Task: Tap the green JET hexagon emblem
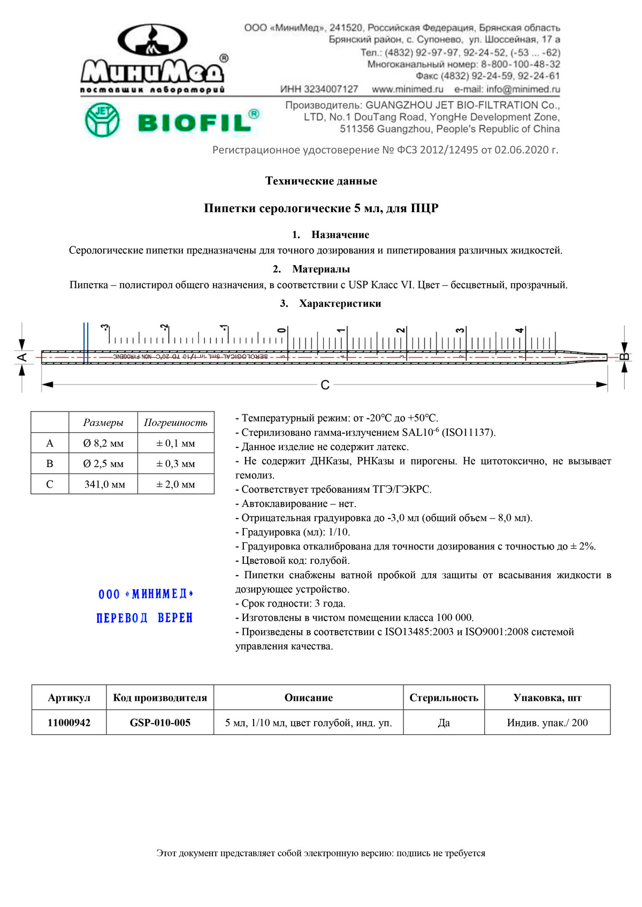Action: click(x=102, y=120)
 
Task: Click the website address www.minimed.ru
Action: click(x=407, y=89)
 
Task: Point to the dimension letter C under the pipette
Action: click(x=325, y=385)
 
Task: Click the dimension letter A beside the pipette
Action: click(x=22, y=356)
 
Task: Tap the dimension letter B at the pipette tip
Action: click(x=624, y=356)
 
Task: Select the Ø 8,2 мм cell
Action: click(x=103, y=443)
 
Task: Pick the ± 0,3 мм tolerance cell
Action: click(x=175, y=464)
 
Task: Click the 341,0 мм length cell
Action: click(x=104, y=484)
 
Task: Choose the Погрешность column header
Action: click(x=175, y=422)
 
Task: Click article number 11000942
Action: click(x=69, y=723)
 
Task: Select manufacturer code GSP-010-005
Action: click(x=160, y=723)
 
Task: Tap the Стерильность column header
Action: click(x=444, y=697)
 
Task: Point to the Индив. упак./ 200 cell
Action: click(x=547, y=723)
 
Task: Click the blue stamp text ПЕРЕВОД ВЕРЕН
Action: click(x=144, y=618)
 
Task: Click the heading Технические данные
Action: click(x=321, y=181)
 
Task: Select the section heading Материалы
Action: click(x=321, y=269)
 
